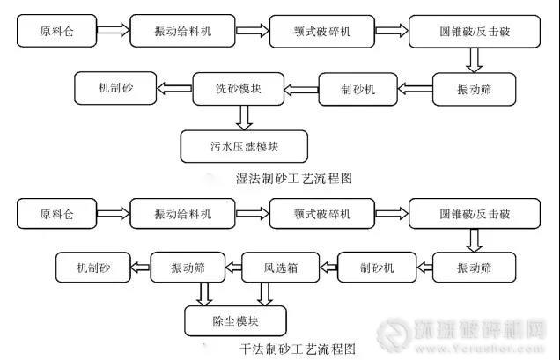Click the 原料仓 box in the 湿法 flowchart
(x=56, y=32)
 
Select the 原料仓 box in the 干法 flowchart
(x=56, y=214)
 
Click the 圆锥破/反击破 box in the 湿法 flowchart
(x=471, y=32)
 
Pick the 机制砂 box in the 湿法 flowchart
(x=115, y=89)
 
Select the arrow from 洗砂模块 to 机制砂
(x=175, y=88)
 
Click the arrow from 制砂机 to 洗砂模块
(x=304, y=88)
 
